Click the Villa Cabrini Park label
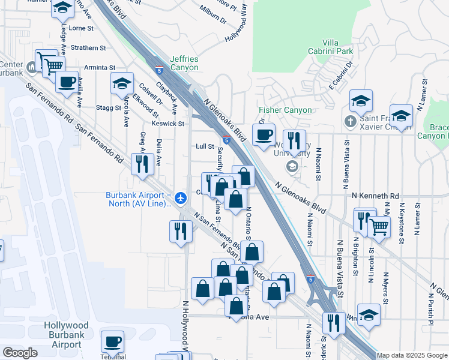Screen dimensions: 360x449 (x=337, y=47)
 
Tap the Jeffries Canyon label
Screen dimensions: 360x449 (x=184, y=63)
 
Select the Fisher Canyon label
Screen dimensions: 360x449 (x=285, y=110)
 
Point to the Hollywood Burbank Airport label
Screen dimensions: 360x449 (x=66, y=335)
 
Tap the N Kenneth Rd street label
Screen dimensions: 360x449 (x=375, y=196)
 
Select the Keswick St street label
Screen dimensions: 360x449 (x=167, y=124)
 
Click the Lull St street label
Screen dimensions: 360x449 (x=205, y=146)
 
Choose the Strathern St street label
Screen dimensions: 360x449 (x=88, y=47)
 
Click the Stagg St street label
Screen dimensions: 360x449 (x=109, y=107)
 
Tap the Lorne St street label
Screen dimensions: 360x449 (x=82, y=28)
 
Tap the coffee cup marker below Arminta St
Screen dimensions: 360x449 (x=67, y=81)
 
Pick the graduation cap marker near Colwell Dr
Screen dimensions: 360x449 (x=122, y=83)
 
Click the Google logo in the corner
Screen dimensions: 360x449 (x=20, y=353)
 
